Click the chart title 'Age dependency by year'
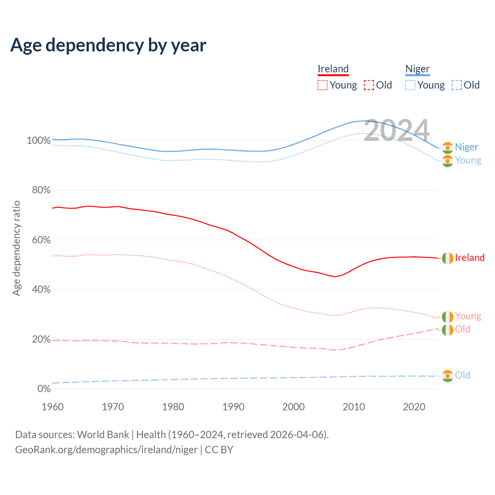click(108, 45)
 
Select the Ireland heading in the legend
click(333, 69)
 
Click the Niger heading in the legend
click(417, 69)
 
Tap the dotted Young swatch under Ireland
click(322, 85)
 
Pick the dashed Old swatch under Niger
click(456, 85)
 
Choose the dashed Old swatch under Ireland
click(369, 85)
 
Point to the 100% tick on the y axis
click(39, 141)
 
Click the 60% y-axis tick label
click(41, 240)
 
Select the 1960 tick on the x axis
click(53, 407)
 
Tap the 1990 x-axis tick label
click(234, 407)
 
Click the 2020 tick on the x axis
click(414, 407)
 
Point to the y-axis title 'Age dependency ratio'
click(16, 248)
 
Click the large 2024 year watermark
click(397, 131)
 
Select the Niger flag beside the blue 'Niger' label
click(447, 148)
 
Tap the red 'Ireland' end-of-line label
click(469, 258)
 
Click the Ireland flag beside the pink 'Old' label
click(447, 330)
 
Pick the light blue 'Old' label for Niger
click(463, 375)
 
